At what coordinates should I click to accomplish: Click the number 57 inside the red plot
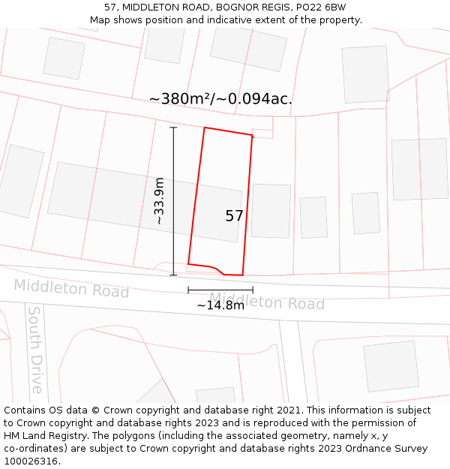234,216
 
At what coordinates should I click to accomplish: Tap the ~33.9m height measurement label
159,201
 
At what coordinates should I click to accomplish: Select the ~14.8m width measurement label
220,305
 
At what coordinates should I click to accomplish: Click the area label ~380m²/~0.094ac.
220,99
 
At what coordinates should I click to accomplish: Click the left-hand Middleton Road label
71,288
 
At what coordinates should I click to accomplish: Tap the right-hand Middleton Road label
267,302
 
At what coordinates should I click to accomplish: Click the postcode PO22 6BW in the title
321,7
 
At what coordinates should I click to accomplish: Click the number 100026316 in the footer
29,461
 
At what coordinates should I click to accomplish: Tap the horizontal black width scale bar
220,290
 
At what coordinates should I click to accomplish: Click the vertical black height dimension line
173,201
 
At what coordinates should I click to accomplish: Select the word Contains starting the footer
26,410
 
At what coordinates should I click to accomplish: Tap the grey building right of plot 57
271,211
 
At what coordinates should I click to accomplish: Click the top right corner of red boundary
253,136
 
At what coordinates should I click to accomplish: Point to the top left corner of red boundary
205,128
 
